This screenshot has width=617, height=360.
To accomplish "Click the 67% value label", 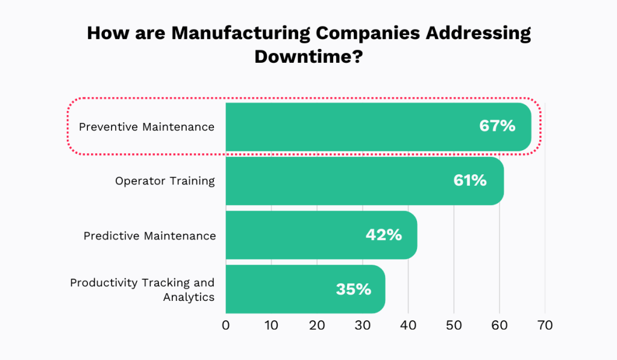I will [x=497, y=126].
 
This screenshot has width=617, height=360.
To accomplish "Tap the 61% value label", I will [x=469, y=180].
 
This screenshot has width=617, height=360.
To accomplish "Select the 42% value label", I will [x=383, y=235].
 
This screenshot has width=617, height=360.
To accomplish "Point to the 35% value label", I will [x=353, y=289].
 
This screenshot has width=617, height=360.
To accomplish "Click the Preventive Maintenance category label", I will [x=146, y=127].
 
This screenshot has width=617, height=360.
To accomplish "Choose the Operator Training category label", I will [x=164, y=181].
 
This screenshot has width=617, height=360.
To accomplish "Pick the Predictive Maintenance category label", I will [x=149, y=235].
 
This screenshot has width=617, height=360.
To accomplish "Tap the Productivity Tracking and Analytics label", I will [x=142, y=289].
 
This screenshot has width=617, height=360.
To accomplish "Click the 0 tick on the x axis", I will [x=226, y=326].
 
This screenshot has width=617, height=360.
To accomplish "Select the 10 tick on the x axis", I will [x=271, y=326].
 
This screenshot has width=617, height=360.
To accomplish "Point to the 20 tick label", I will [x=317, y=326].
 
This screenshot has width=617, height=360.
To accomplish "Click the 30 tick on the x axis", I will [x=363, y=326].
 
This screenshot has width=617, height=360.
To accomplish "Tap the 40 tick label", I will [x=408, y=326].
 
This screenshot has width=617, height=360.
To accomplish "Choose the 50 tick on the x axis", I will [x=454, y=326].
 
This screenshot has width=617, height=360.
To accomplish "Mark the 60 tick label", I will [x=500, y=326].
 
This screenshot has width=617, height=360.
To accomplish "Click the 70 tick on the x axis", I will [x=545, y=326].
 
